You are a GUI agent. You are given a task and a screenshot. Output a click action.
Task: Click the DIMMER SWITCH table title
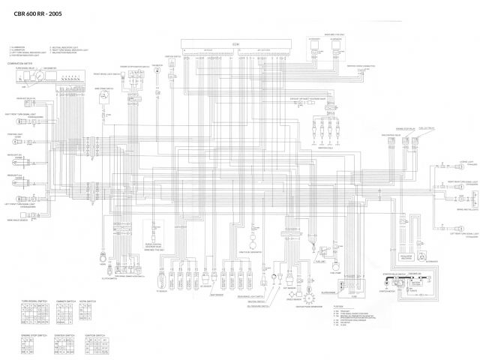click(x=66, y=301)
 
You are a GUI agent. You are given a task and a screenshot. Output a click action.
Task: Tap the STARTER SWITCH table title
click(x=64, y=334)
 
